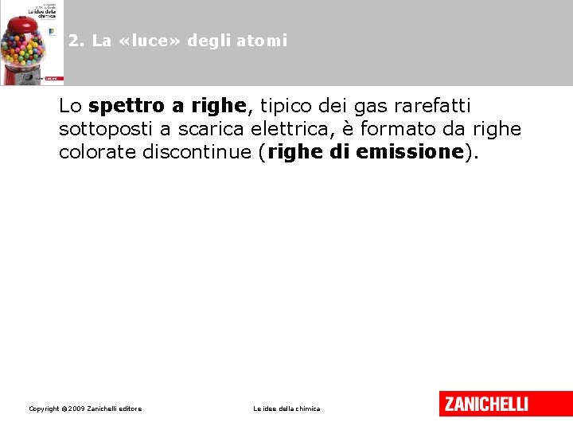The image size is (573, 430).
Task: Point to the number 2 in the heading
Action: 73,41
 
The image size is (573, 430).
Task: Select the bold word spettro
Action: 127,106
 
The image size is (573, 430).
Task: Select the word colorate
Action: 98,152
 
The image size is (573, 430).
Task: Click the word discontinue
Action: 196,152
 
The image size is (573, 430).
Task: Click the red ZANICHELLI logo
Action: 485,404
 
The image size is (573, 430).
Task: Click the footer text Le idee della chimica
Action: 286,409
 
